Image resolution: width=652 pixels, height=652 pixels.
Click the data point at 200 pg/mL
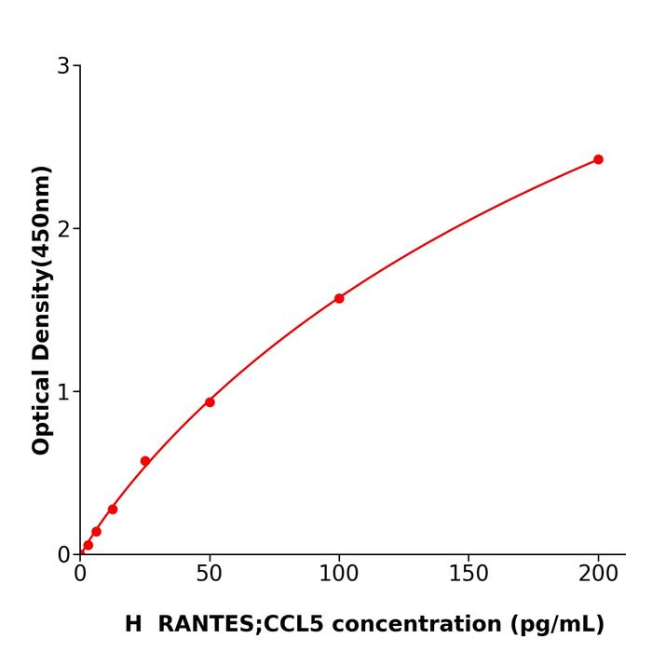click(598, 159)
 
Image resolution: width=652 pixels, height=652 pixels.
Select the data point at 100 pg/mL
click(339, 298)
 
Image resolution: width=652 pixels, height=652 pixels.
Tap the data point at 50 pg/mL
click(210, 402)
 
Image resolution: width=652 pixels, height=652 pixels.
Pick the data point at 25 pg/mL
click(145, 461)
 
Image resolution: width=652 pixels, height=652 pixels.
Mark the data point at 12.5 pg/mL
click(113, 509)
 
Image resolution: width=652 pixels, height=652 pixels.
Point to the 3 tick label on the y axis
click(63, 66)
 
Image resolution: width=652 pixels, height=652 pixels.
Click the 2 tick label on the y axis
click(63, 229)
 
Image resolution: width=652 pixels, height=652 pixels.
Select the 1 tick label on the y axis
click(63, 392)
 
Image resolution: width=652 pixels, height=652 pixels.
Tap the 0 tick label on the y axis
click(63, 555)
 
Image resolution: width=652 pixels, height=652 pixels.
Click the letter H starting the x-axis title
click(133, 624)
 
